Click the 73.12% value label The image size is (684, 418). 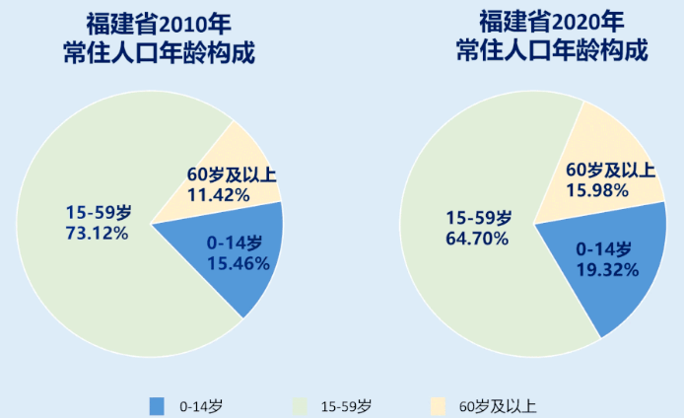(97, 233)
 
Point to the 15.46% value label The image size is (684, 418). (235, 262)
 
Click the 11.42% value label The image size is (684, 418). (218, 195)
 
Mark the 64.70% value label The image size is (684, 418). (478, 238)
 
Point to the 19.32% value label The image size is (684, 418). (606, 267)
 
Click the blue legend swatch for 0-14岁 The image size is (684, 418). (157, 405)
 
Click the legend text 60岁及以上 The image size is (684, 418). (498, 405)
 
